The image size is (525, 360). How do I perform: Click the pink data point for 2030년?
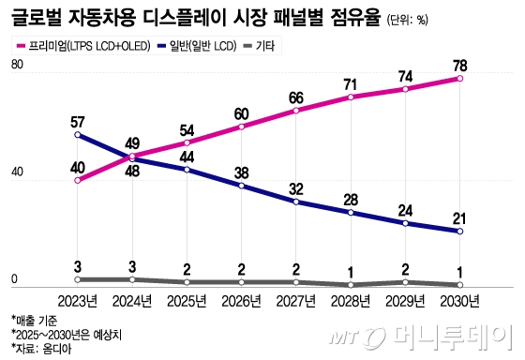coord(459,79)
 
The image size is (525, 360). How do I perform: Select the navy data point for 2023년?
coord(77,135)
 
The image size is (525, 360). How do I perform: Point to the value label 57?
coord(77,121)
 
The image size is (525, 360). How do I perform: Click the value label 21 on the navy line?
coord(459,217)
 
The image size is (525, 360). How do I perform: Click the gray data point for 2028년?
coord(351,284)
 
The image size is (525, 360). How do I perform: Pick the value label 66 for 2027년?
coord(296,97)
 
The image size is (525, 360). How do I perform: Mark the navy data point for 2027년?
coord(296,202)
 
